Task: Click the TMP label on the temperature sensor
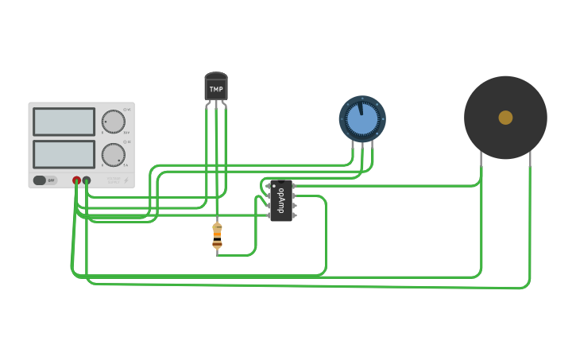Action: [216, 89]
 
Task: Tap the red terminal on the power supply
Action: [77, 180]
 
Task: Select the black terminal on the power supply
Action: [87, 180]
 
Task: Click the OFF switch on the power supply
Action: [45, 180]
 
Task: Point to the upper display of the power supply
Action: [64, 122]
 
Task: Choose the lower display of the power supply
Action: [64, 153]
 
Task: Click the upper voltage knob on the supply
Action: [114, 122]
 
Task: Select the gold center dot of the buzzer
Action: [505, 118]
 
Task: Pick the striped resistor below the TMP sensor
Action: [217, 237]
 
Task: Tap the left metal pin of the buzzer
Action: [481, 159]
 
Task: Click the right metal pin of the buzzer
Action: [529, 159]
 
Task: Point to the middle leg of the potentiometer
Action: [362, 148]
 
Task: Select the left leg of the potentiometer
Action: [354, 148]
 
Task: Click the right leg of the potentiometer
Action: [371, 148]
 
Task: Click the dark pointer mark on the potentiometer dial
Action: [360, 106]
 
